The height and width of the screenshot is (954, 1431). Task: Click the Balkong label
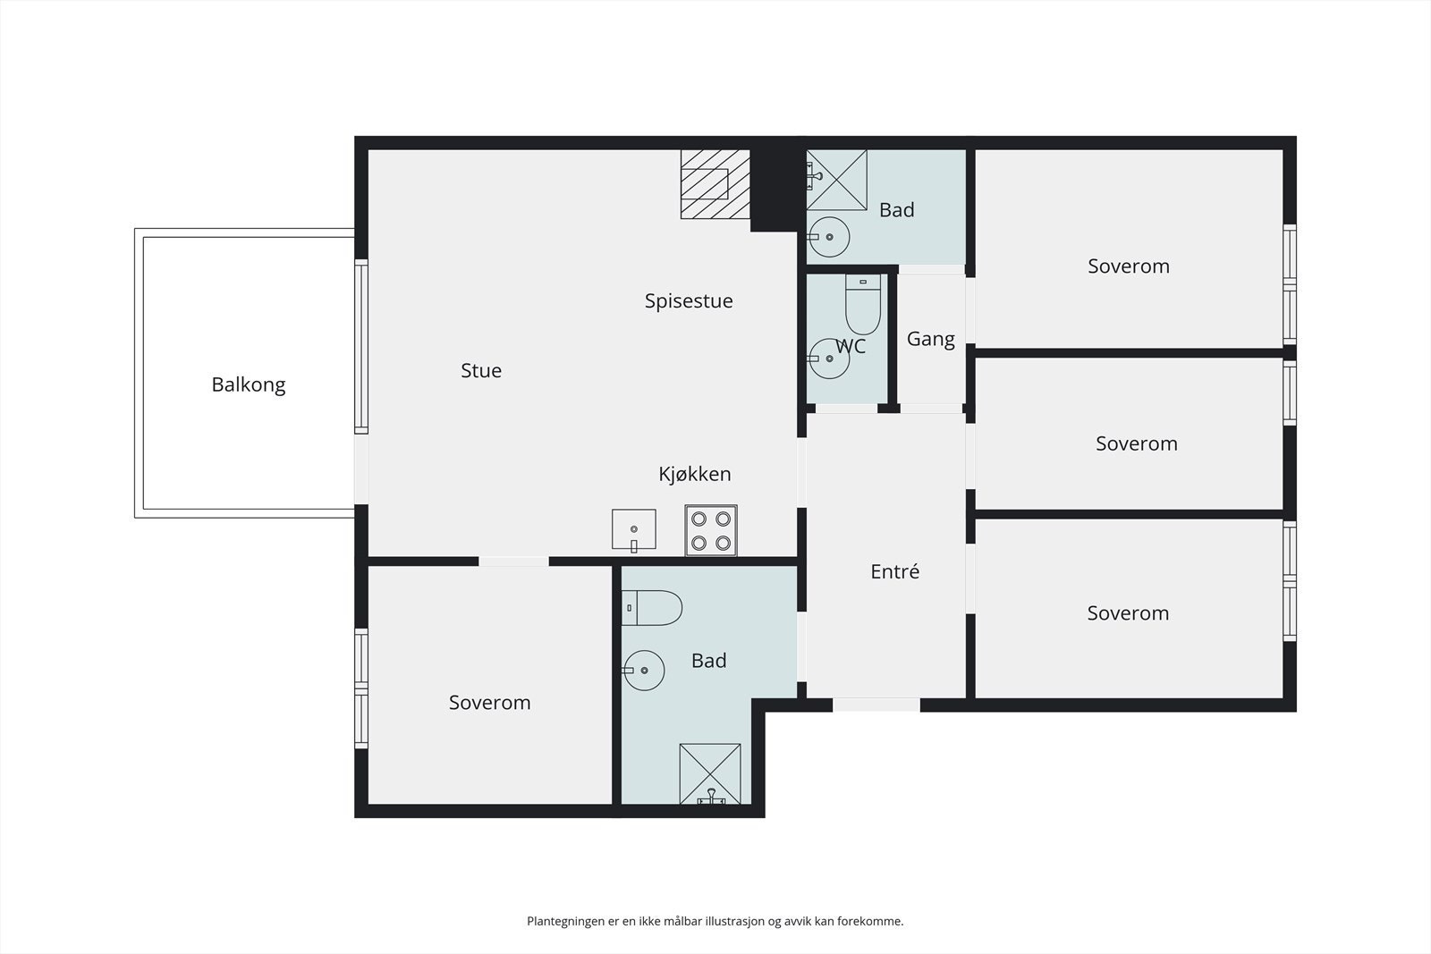tap(249, 384)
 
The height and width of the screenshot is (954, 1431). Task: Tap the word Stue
tap(481, 370)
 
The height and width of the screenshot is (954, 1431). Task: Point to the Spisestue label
tap(689, 300)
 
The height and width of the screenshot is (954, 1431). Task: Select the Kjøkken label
tap(694, 474)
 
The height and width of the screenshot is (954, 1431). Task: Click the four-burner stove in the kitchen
tap(711, 530)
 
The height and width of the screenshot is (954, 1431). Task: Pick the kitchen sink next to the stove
tap(634, 530)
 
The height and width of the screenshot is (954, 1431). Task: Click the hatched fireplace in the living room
tap(715, 184)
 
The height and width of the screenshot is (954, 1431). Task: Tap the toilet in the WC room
tap(863, 305)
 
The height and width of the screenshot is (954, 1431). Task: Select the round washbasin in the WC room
tap(828, 359)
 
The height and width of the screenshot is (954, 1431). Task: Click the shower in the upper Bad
tap(837, 180)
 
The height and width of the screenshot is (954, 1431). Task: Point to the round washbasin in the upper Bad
tap(828, 237)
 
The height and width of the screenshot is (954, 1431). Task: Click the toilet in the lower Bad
tap(652, 608)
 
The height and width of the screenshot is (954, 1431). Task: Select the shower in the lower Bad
tap(710, 774)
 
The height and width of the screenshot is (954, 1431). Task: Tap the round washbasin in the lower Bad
tap(643, 671)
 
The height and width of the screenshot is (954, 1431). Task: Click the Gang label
tap(931, 339)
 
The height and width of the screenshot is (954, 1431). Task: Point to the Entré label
tap(895, 570)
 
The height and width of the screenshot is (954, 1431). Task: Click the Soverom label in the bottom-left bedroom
tap(489, 703)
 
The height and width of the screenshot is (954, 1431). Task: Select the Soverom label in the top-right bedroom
tap(1129, 266)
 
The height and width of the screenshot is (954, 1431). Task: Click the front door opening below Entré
tap(876, 705)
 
